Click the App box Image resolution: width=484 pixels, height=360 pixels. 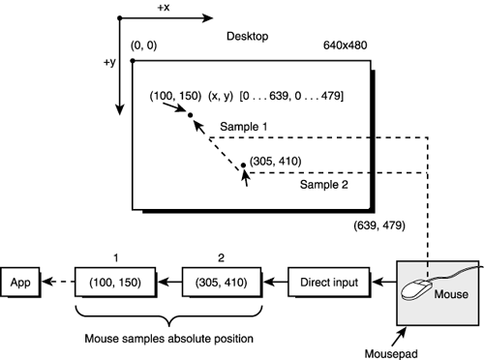(x=22, y=284)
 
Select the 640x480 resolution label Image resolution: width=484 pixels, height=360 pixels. (x=348, y=45)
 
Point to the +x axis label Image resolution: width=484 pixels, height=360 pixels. (x=163, y=7)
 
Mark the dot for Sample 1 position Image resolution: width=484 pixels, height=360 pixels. (x=191, y=116)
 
